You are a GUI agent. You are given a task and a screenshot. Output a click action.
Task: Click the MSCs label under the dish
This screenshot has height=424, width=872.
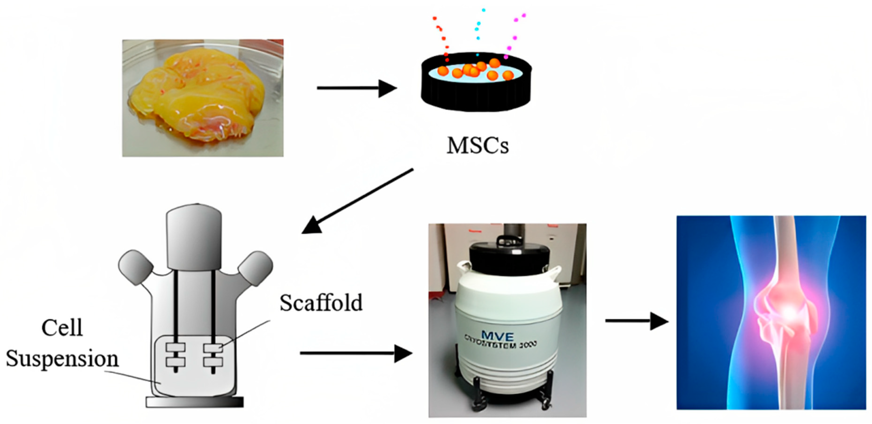pos(477,146)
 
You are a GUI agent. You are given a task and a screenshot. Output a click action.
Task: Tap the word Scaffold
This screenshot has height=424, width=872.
pos(321,302)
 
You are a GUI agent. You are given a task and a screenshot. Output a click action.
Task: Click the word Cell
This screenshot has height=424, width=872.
pos(62,328)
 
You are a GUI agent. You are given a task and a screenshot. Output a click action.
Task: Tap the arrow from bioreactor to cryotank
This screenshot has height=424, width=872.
pos(355,353)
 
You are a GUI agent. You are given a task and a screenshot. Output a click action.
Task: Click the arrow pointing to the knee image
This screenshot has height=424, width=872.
pos(636,321)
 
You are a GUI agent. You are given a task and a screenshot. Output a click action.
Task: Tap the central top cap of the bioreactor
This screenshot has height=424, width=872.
pos(194,237)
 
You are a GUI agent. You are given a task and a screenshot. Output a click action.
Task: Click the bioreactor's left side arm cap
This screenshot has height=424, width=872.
pos(135,267)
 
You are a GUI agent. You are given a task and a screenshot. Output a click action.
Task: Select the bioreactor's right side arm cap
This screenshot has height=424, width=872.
pos(255,268)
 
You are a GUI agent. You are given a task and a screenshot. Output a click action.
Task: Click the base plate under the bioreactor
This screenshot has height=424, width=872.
pos(195,402)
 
